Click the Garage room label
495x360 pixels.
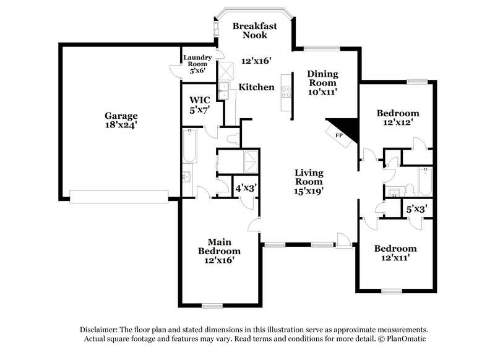(x=121, y=115)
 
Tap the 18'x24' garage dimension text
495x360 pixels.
(x=121, y=125)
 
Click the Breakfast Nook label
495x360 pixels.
(x=254, y=30)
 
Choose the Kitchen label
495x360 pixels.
(x=257, y=87)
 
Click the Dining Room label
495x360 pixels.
(x=322, y=78)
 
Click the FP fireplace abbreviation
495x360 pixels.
(x=338, y=135)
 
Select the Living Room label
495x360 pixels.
(x=309, y=177)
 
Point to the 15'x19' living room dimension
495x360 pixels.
(x=309, y=192)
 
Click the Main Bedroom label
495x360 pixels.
(x=219, y=246)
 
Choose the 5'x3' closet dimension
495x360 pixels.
(x=416, y=209)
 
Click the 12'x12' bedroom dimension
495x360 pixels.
(x=398, y=122)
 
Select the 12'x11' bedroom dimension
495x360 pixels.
(x=395, y=259)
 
